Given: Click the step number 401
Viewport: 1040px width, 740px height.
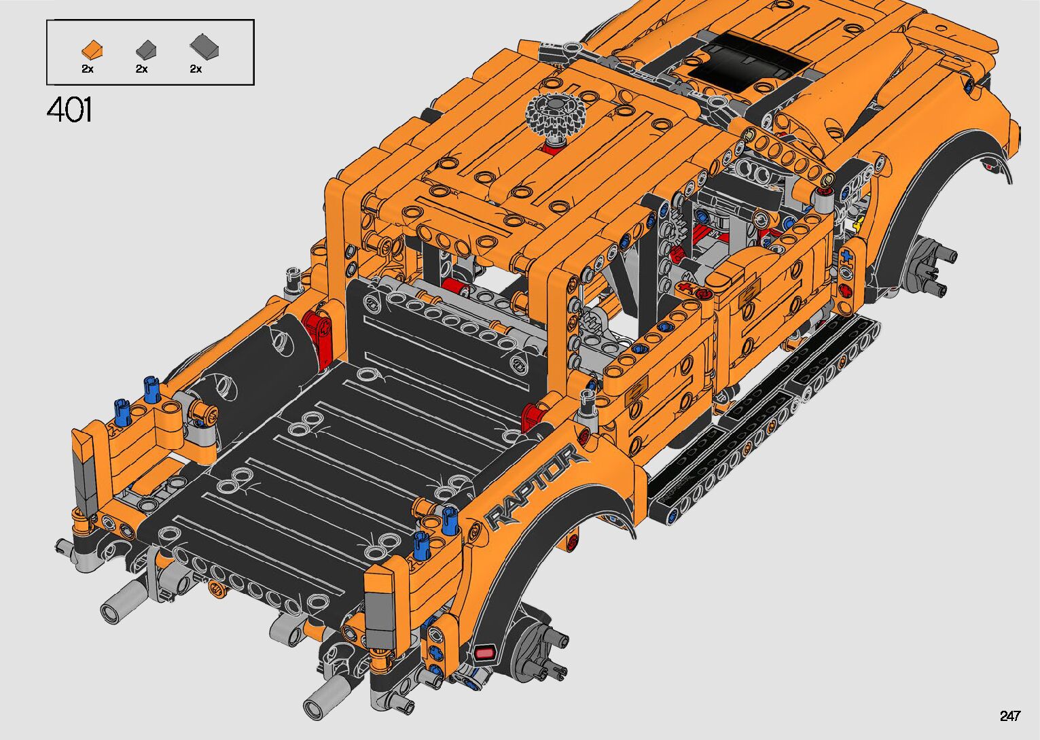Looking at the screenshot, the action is coord(69,110).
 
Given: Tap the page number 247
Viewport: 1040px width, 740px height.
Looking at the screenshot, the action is coord(1010,716).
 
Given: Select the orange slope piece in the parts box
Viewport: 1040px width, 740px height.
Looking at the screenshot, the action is coord(92,50).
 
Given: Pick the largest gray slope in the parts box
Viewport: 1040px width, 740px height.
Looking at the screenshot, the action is coord(204,46).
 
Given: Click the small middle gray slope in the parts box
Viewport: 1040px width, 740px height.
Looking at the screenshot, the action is coord(146,49).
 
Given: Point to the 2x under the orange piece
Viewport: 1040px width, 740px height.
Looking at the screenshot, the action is coord(88,69).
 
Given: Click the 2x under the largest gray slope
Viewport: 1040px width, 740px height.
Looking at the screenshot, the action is coord(196,69).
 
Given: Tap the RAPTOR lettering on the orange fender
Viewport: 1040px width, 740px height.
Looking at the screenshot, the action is coord(534,488).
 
